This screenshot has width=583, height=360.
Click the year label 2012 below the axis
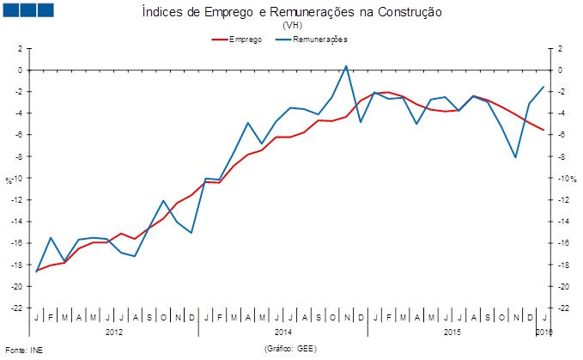click(x=113, y=331)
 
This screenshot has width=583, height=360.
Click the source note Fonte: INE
click(x=23, y=350)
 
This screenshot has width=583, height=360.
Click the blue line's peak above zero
click(x=346, y=65)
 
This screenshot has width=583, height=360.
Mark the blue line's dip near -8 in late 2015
click(x=515, y=157)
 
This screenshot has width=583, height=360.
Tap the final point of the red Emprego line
click(x=544, y=130)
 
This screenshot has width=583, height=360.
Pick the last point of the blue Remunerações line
click(x=544, y=86)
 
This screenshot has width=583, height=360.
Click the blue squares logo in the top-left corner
click(x=29, y=10)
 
